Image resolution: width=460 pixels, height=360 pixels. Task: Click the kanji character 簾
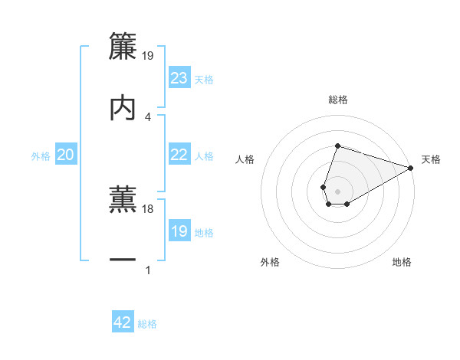click(123, 46)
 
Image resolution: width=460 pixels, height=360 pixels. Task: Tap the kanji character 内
click(123, 107)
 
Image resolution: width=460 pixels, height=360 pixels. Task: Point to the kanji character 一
click(123, 260)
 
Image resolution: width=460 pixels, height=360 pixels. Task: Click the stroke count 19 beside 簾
click(148, 55)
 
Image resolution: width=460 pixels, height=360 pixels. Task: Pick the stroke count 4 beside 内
click(148, 116)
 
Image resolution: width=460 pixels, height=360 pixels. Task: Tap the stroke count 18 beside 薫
click(148, 208)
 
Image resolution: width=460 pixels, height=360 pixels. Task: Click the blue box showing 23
click(179, 78)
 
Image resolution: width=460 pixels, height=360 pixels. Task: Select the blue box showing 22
click(179, 155)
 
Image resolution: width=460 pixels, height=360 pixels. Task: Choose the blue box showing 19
click(179, 231)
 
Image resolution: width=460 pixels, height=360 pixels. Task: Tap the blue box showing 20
click(66, 155)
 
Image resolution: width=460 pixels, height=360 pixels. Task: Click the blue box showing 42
click(123, 322)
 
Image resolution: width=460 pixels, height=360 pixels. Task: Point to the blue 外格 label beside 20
click(41, 155)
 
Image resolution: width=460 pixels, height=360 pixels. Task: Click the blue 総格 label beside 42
click(147, 324)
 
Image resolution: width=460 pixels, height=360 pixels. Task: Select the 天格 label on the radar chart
click(431, 159)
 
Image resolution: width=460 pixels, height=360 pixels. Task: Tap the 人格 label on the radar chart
click(245, 159)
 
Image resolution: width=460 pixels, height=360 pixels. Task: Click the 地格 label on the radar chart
click(402, 262)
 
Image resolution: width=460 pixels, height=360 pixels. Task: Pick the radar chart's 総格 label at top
click(338, 100)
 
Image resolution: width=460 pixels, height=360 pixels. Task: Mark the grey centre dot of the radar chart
click(337, 190)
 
